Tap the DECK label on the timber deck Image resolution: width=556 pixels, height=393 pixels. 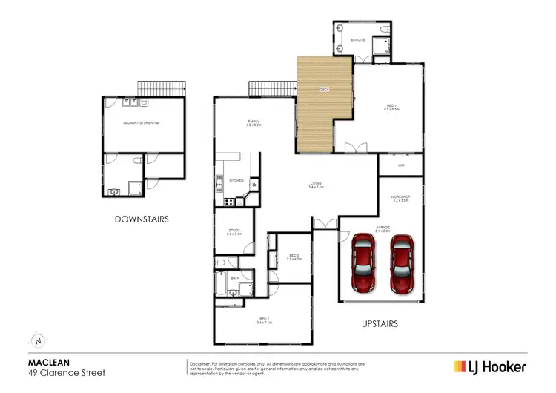click(324, 90)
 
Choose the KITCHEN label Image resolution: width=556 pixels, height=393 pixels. click(236, 180)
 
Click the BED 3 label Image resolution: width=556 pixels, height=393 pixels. click(294, 257)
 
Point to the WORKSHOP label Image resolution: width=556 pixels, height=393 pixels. click(400, 198)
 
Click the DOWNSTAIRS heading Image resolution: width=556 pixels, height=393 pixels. click(142, 219)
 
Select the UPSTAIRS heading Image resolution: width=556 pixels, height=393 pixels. click(380, 324)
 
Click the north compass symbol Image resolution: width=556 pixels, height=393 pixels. click(38, 340)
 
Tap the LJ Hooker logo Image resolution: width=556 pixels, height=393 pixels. click(490, 367)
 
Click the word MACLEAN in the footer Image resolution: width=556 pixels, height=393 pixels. click(44, 363)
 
